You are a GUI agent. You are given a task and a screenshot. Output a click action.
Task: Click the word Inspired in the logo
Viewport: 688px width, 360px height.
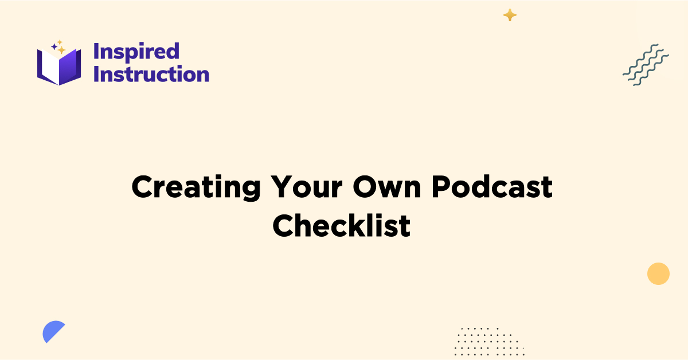[x=136, y=52]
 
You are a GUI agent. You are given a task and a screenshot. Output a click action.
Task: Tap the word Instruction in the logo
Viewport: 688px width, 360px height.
[x=151, y=75]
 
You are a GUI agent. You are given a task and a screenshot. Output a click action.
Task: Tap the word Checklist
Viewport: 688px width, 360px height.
[x=342, y=226]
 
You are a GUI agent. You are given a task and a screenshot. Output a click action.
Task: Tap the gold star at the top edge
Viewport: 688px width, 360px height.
[x=510, y=15]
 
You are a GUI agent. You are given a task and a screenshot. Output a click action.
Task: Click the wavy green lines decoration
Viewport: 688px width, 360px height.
[x=646, y=65]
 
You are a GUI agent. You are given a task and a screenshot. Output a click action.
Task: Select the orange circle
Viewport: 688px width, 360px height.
[x=658, y=273]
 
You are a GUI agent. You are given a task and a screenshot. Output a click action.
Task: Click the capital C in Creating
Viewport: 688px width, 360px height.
[x=143, y=188]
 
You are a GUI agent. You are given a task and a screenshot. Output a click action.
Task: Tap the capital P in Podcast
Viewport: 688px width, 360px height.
[x=443, y=188]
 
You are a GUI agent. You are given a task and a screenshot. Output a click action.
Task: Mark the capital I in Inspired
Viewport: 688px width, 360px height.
[x=96, y=52]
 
